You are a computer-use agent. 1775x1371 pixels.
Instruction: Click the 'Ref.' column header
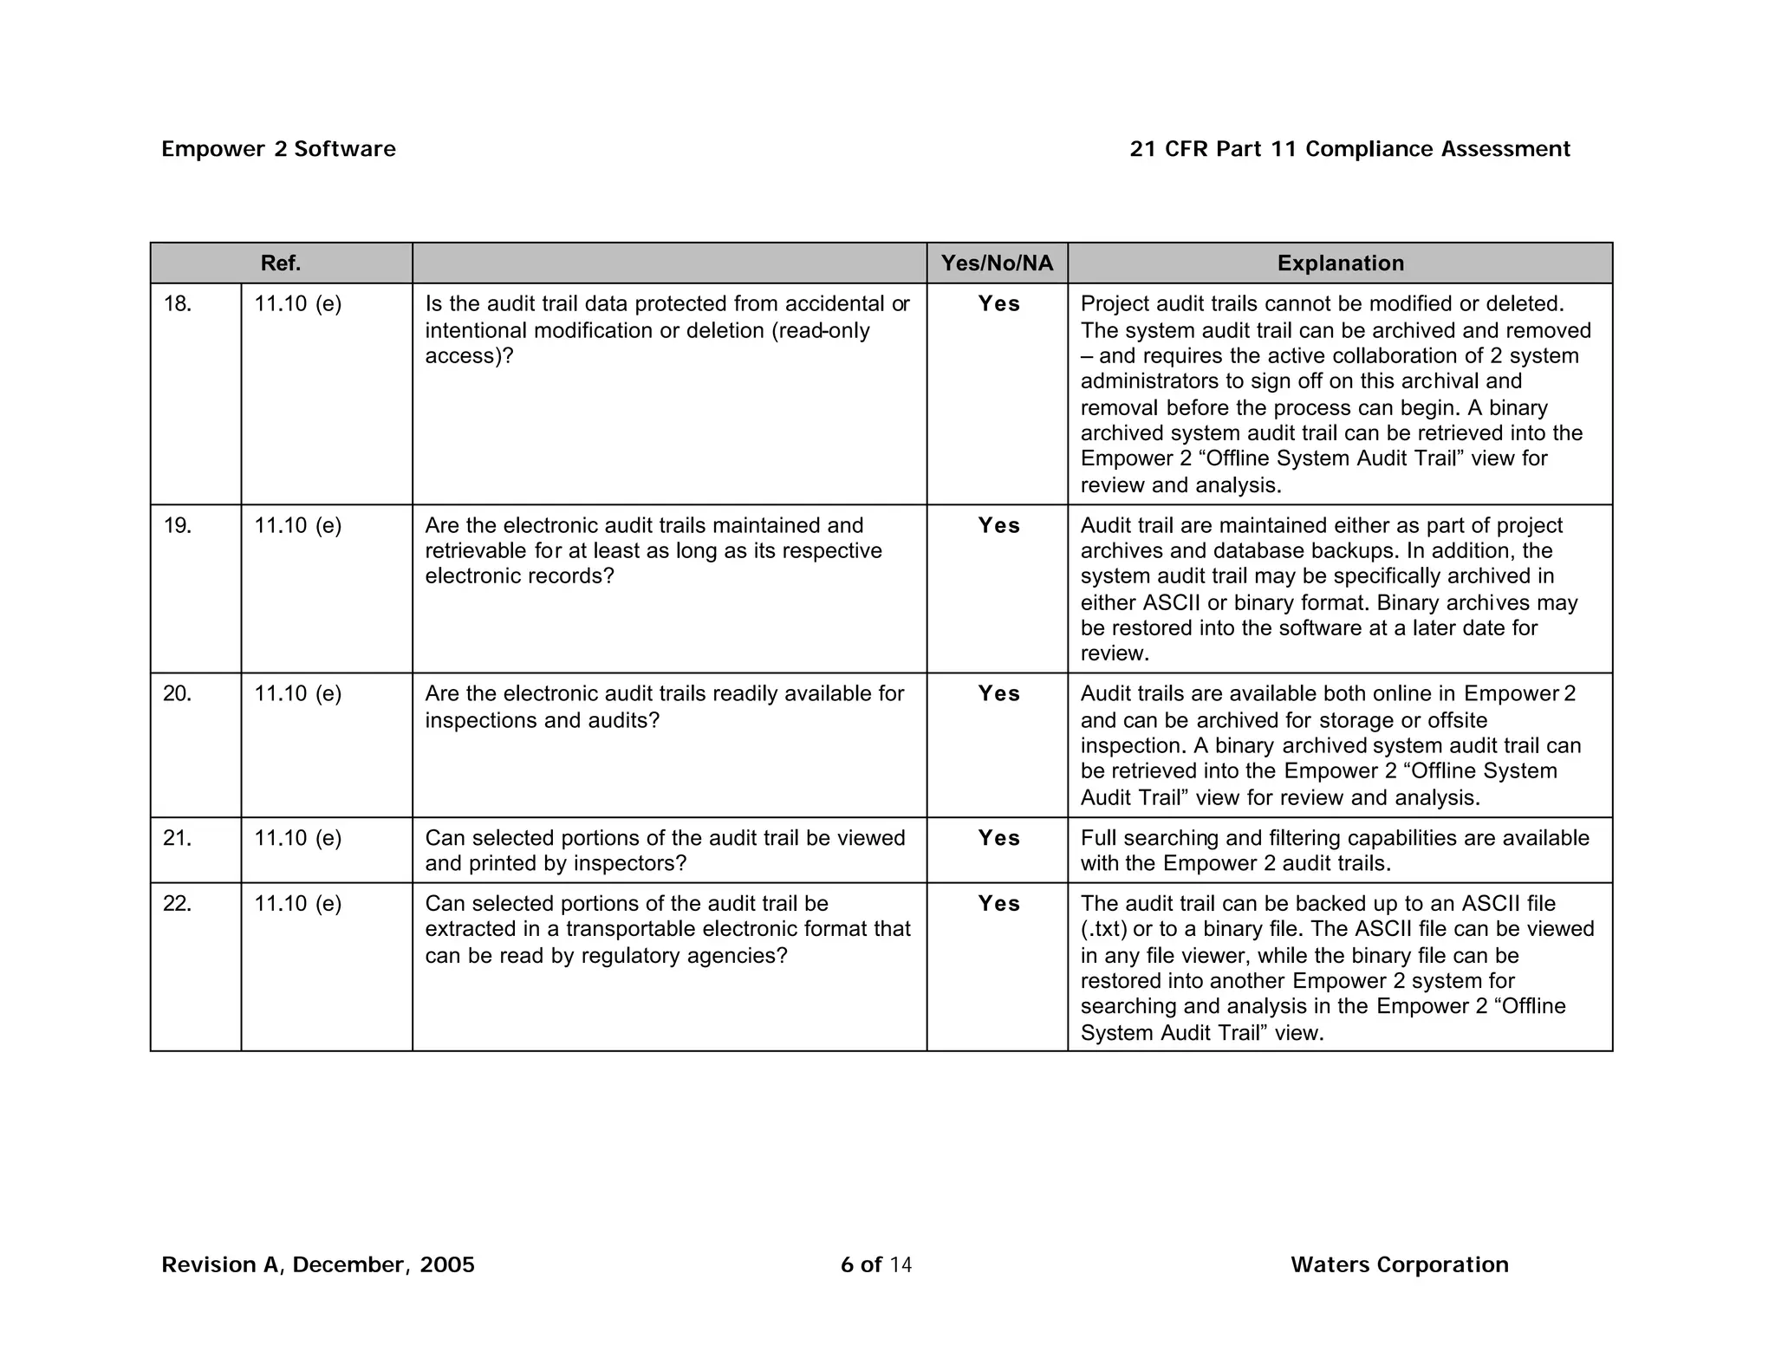(x=281, y=263)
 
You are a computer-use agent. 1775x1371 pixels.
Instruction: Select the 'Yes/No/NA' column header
(x=997, y=263)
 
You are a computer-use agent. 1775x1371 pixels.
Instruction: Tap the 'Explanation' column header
(x=1340, y=263)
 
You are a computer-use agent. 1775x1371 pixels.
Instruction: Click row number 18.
(x=178, y=304)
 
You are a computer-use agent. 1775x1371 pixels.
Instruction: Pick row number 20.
(x=178, y=694)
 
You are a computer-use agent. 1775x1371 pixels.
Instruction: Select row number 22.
(x=178, y=904)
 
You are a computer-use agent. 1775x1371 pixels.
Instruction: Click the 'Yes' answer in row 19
(x=998, y=526)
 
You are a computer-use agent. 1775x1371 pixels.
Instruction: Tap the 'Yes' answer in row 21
(x=998, y=838)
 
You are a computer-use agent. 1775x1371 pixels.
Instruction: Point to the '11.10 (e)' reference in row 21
(x=297, y=838)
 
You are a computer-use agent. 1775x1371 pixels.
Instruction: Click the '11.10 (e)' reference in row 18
(x=297, y=304)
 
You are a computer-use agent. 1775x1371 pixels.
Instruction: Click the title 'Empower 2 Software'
(x=278, y=149)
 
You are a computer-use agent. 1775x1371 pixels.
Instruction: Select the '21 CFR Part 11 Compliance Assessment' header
(x=1349, y=149)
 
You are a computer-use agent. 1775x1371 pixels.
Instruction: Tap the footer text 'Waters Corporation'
(x=1399, y=1264)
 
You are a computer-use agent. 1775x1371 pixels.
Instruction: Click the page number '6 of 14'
(x=875, y=1265)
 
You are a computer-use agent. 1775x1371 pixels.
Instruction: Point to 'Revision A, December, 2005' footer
(x=318, y=1265)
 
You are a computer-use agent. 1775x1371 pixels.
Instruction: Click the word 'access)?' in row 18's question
(x=469, y=356)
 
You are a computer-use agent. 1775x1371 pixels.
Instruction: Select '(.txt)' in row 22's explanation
(x=1104, y=930)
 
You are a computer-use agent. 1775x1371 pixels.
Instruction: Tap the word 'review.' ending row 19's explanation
(x=1115, y=653)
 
